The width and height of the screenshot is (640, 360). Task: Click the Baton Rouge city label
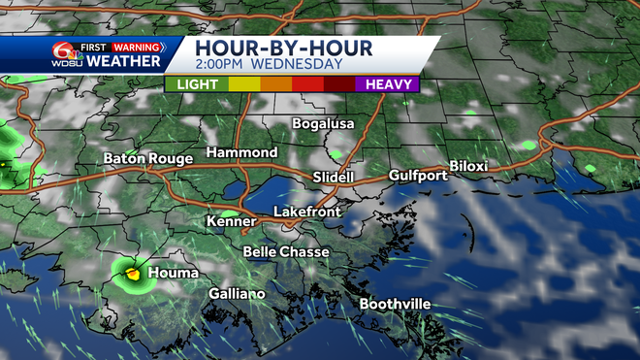[149, 158]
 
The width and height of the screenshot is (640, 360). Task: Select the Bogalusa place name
[324, 124]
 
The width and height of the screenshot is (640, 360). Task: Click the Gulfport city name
[418, 176]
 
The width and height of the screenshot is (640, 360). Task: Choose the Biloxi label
[467, 167]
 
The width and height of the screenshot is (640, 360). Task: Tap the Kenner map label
[231, 222]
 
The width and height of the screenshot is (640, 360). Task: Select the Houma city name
[174, 273]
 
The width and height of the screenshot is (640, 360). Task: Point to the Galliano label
[237, 294]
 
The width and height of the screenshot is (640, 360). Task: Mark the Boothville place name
[395, 304]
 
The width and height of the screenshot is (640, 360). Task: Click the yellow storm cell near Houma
[133, 275]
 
